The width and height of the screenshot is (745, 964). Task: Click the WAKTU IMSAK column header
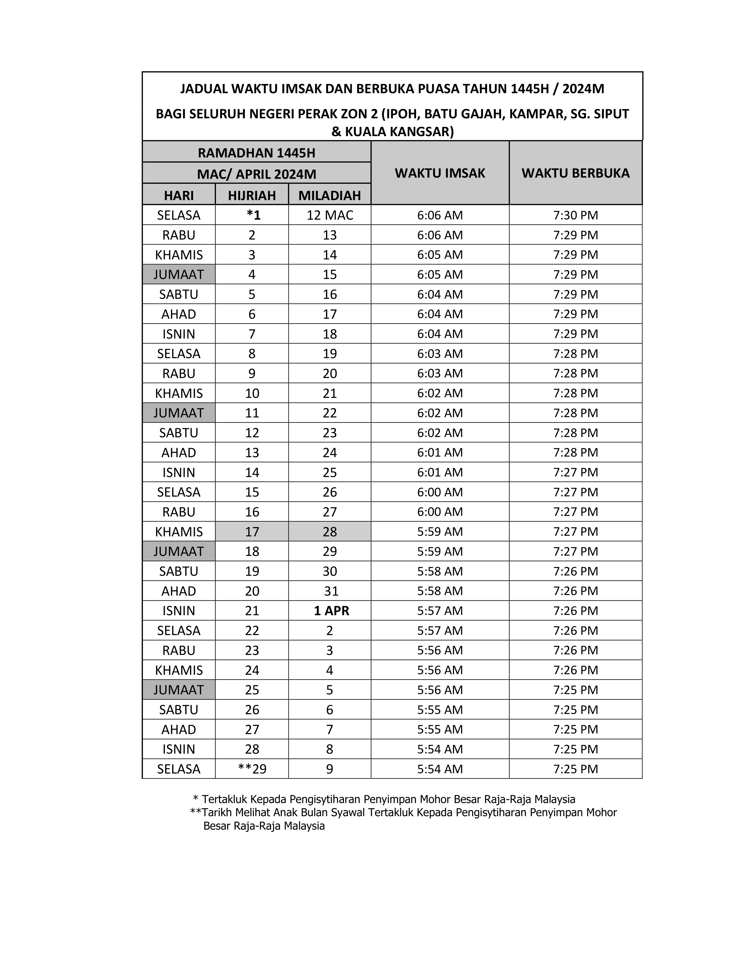click(x=440, y=173)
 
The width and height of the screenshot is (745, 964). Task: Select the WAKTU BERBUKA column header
click(x=576, y=173)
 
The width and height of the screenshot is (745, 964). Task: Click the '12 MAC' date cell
click(x=330, y=215)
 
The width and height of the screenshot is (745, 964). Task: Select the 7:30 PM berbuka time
click(x=576, y=215)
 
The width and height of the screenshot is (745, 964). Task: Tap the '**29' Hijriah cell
click(x=252, y=769)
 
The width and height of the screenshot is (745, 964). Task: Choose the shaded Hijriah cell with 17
click(x=252, y=531)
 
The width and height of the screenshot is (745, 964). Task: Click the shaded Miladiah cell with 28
click(x=330, y=531)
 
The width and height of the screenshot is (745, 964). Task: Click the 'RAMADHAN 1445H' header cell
click(x=257, y=153)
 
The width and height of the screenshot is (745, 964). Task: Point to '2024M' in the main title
click(x=583, y=89)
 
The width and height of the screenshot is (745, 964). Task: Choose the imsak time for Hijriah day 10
click(x=440, y=393)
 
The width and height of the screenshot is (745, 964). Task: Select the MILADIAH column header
click(x=330, y=195)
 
